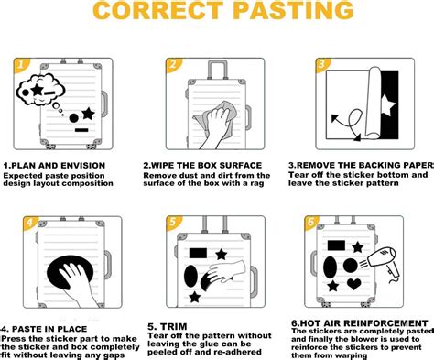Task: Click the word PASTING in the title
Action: [295, 10]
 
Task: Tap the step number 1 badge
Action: [21, 65]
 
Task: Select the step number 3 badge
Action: [321, 65]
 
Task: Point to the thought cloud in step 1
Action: [40, 90]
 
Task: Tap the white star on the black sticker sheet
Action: [387, 105]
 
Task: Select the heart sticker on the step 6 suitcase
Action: [354, 284]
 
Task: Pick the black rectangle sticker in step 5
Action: [198, 253]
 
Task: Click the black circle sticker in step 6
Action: [351, 266]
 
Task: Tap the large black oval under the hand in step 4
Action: [70, 272]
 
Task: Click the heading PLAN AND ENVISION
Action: [54, 166]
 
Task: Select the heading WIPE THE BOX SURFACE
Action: [202, 165]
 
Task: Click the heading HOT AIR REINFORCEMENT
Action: [360, 323]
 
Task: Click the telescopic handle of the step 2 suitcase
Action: [218, 71]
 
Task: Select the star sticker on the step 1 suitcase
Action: [89, 114]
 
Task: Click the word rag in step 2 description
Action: [257, 184]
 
